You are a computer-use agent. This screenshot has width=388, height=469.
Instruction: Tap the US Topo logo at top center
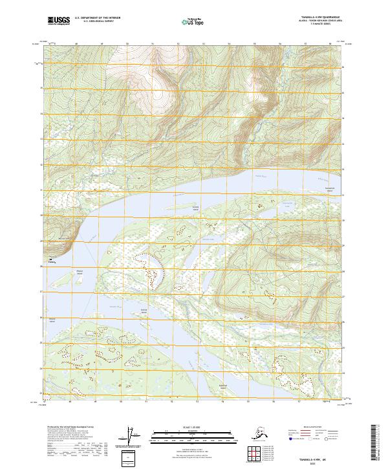tap(193, 22)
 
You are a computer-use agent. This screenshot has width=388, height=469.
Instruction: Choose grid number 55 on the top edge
tap(255, 44)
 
